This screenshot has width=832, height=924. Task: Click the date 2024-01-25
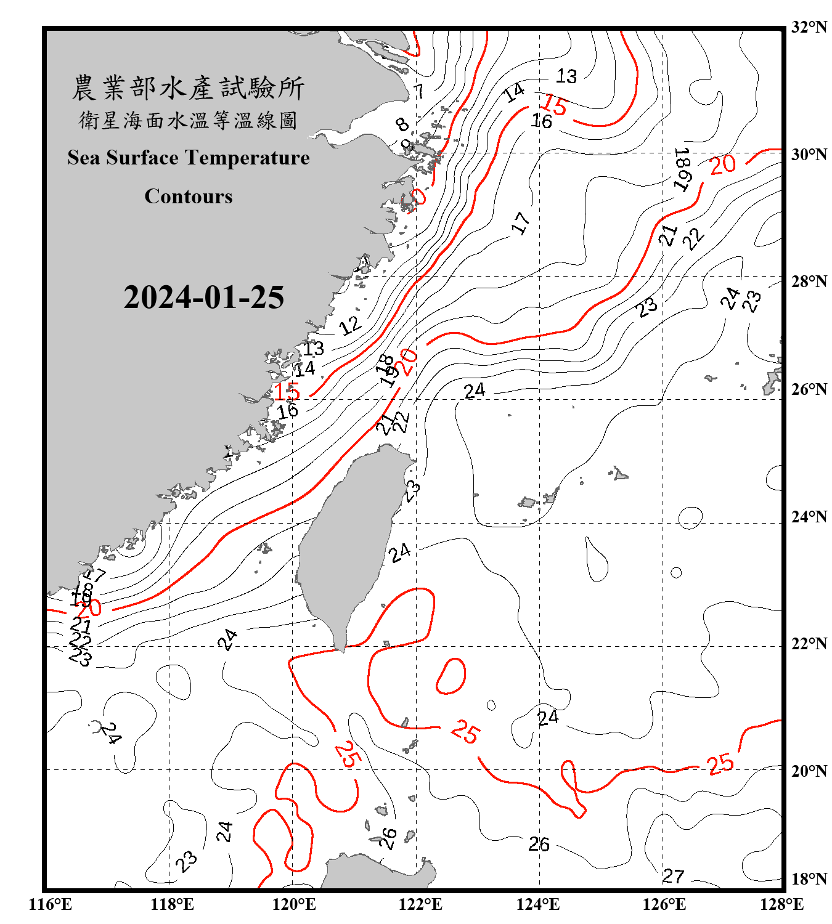pyautogui.click(x=203, y=298)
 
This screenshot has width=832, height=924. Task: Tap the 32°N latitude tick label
pyautogui.click(x=809, y=27)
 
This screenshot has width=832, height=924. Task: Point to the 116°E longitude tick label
pyautogui.click(x=51, y=904)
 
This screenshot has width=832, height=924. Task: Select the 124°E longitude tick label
pyautogui.click(x=538, y=904)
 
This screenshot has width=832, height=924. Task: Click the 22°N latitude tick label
pyautogui.click(x=809, y=644)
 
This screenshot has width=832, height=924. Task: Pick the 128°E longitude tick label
pyautogui.click(x=781, y=904)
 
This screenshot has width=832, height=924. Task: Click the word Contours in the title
pyautogui.click(x=189, y=197)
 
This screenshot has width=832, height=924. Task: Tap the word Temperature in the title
pyautogui.click(x=248, y=158)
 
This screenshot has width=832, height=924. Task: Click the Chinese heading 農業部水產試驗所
pyautogui.click(x=188, y=88)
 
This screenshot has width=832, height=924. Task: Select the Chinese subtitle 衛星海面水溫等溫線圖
pyautogui.click(x=188, y=120)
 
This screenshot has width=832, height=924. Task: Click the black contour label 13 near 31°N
pyautogui.click(x=566, y=76)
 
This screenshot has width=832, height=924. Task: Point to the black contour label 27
pyautogui.click(x=673, y=876)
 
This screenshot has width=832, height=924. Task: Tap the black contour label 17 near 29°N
pyautogui.click(x=521, y=222)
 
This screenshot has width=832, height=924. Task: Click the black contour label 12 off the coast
pyautogui.click(x=349, y=325)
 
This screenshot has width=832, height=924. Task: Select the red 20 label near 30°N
pyautogui.click(x=722, y=164)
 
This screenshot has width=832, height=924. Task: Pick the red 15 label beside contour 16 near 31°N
pyautogui.click(x=555, y=105)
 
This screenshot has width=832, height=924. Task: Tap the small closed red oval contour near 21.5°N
pyautogui.click(x=451, y=676)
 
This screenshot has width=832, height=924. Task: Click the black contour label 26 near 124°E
pyautogui.click(x=539, y=844)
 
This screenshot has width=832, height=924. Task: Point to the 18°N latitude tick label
pyautogui.click(x=809, y=879)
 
